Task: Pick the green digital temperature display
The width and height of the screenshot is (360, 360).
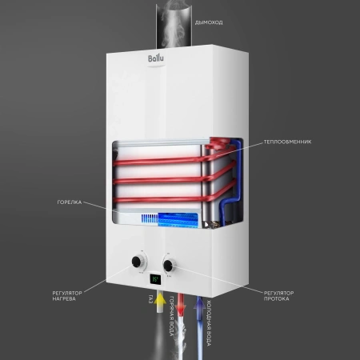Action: coord(154,281)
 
